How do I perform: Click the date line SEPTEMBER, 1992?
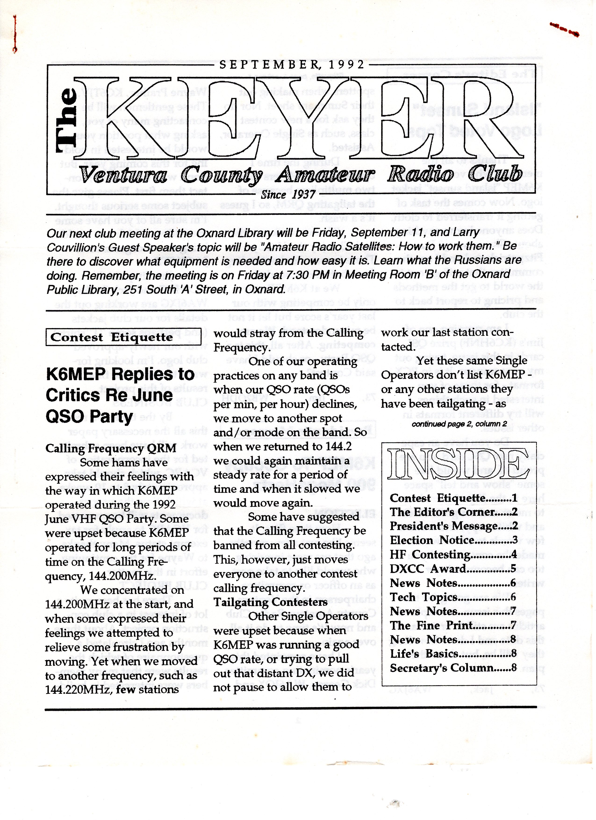[x=291, y=65]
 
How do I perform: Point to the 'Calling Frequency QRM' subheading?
[x=111, y=448]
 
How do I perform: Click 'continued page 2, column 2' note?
[x=459, y=424]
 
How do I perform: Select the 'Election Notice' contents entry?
[x=453, y=540]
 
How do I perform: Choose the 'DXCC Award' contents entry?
[x=453, y=569]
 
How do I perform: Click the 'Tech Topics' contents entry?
[x=453, y=597]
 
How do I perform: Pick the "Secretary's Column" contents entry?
[x=453, y=668]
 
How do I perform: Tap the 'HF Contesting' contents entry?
[x=453, y=554]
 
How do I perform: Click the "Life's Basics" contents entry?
[x=453, y=654]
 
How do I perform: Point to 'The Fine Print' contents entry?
[x=453, y=625]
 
